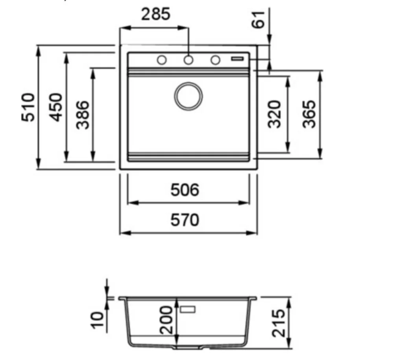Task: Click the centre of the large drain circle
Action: (x=189, y=96)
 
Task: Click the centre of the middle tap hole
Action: (x=189, y=60)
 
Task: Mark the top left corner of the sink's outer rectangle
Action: (x=120, y=45)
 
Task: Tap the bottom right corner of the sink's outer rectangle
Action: (x=257, y=169)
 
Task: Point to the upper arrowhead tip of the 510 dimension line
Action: (x=38, y=46)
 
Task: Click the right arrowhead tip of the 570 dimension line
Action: (x=257, y=233)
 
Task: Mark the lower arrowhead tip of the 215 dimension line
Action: (x=289, y=348)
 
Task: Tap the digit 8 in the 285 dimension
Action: (x=155, y=14)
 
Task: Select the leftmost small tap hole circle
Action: (x=162, y=60)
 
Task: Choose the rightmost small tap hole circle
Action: (x=215, y=60)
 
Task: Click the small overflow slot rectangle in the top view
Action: (x=237, y=59)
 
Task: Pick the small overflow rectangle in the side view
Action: (x=188, y=309)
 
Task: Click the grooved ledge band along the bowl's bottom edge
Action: (x=189, y=157)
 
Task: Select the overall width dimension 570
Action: (x=185, y=220)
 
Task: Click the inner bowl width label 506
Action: (x=185, y=190)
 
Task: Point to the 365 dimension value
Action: (x=309, y=114)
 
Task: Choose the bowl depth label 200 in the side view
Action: (x=166, y=320)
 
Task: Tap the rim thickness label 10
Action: (x=98, y=320)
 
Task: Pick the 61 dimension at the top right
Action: (x=258, y=20)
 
